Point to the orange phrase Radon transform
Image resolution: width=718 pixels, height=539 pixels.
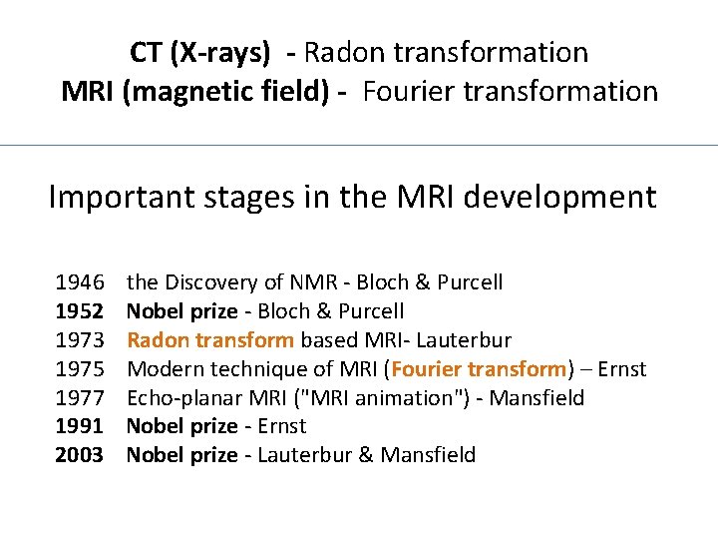(x=210, y=340)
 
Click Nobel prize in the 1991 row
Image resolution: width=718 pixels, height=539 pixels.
(x=182, y=426)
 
